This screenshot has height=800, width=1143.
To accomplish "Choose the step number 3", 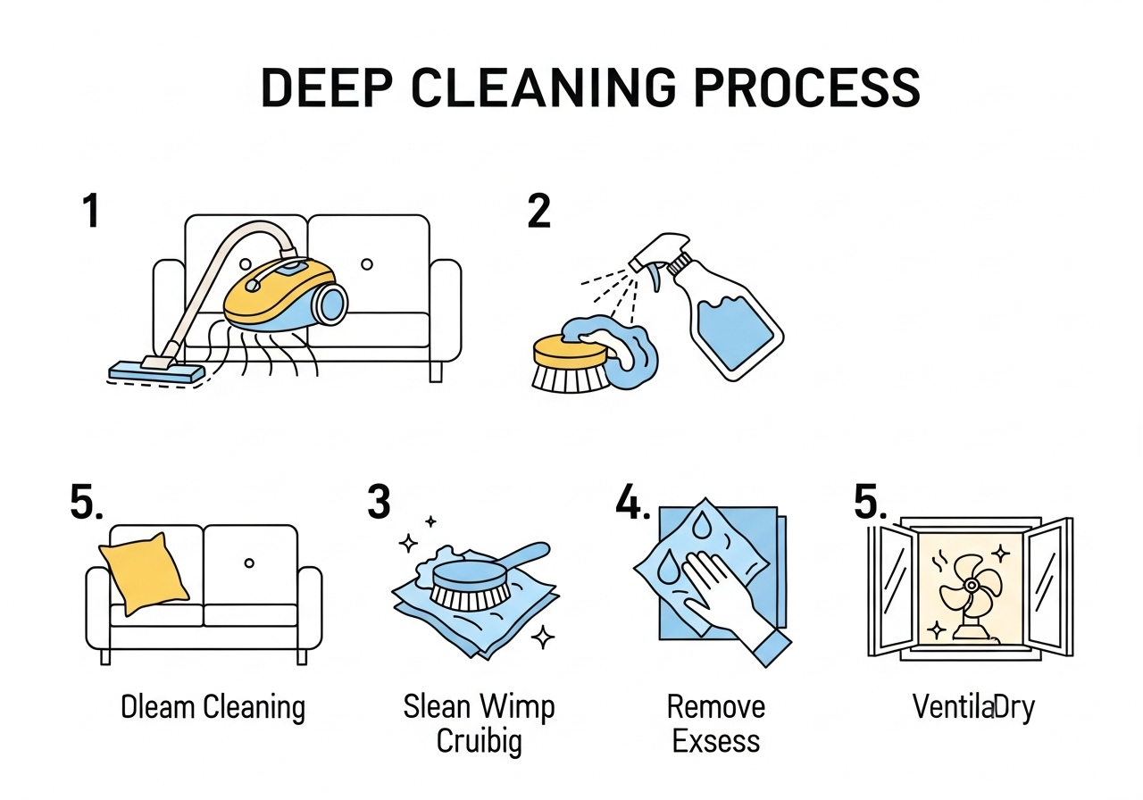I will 379,502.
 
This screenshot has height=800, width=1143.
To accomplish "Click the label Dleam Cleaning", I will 213,708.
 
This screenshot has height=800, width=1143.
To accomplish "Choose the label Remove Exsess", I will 716,724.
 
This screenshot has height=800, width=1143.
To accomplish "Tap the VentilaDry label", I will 973,708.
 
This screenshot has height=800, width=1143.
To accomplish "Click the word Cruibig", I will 479,742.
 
